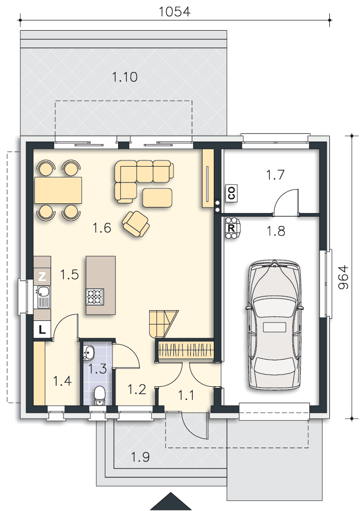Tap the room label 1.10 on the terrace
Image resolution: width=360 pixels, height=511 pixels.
pos(125,77)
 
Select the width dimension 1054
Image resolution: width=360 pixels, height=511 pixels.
pos(174,12)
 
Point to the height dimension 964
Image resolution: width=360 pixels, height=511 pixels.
pos(343,277)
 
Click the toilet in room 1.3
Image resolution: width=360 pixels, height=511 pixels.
pos(99,395)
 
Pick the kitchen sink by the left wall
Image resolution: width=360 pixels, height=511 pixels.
pos(43,296)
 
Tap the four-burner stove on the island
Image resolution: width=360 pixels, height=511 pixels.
pos(95,296)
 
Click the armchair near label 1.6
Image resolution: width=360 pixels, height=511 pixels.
pos(136,223)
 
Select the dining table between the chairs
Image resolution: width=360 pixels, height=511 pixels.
pos(58,190)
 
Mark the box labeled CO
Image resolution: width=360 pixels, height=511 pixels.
pos(232,193)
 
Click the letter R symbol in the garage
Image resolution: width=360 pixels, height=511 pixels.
pos(231,228)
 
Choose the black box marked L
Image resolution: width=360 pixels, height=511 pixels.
pos(42,330)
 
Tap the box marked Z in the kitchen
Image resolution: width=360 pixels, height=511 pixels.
pos(42,277)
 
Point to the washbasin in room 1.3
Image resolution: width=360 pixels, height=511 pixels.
pos(88,353)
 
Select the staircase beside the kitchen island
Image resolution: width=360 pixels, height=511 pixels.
pos(164,324)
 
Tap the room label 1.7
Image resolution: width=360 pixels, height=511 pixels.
pos(276,175)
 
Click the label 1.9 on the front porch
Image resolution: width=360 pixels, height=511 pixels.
pos(140,457)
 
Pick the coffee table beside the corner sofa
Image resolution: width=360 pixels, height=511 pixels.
pos(157,198)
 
